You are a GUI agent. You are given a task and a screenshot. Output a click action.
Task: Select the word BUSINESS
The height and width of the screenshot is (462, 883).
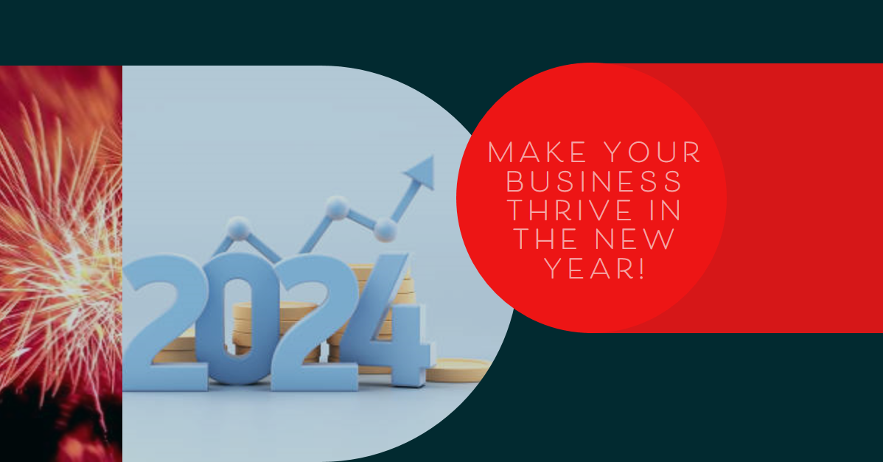coord(595,182)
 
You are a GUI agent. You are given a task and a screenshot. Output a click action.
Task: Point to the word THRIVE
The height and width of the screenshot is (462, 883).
coord(569,211)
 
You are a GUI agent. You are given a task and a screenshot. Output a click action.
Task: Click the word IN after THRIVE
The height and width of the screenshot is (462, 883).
coord(666,211)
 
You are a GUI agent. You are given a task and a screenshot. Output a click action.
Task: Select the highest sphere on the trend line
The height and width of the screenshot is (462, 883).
coord(337,208)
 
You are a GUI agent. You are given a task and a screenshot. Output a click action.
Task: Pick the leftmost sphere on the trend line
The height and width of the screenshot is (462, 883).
coord(239,229)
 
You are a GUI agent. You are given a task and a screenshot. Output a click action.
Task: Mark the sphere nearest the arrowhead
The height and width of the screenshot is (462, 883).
coord(385,230)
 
